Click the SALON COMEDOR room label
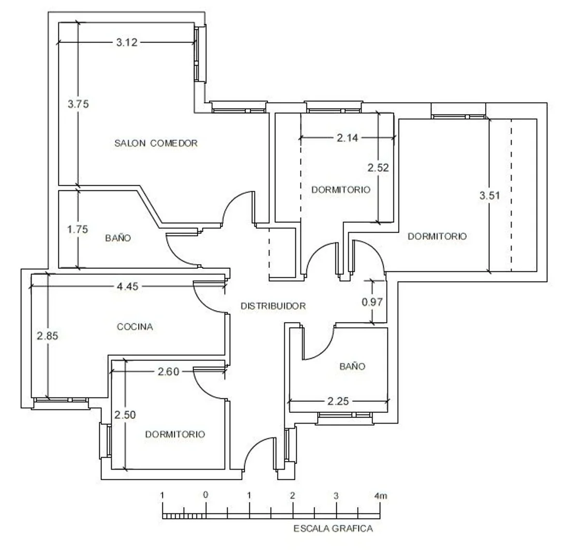click(x=156, y=143)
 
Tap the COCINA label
click(x=135, y=327)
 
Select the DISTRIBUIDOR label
click(x=273, y=306)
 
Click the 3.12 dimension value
click(x=127, y=42)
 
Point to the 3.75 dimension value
click(x=78, y=104)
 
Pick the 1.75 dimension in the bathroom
click(x=78, y=229)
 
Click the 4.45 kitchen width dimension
click(x=127, y=286)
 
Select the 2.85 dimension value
click(x=47, y=336)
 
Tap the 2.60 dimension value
click(x=168, y=371)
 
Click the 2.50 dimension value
click(x=125, y=415)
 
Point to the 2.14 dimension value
click(x=348, y=138)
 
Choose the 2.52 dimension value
click(x=378, y=168)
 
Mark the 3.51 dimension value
click(x=489, y=195)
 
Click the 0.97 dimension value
click(x=372, y=302)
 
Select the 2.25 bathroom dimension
click(x=338, y=401)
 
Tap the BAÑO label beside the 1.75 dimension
click(x=118, y=238)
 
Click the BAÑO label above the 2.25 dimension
click(x=352, y=366)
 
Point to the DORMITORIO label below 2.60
click(x=175, y=434)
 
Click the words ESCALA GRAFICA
click(x=333, y=529)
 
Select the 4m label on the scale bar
click(x=381, y=496)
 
